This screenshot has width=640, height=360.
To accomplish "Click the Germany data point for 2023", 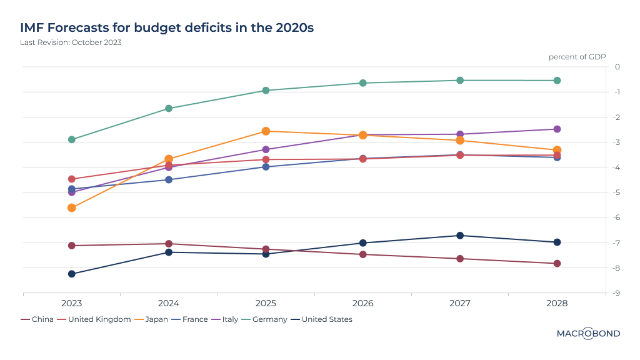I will pyautogui.click(x=71, y=139).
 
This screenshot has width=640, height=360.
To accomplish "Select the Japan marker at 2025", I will pyautogui.click(x=266, y=131).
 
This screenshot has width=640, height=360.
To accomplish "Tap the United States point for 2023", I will pyautogui.click(x=71, y=274).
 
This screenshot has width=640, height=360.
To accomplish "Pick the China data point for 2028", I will pyautogui.click(x=557, y=264).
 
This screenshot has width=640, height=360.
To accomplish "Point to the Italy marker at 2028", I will pyautogui.click(x=557, y=129).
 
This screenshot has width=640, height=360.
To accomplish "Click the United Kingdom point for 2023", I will pyautogui.click(x=71, y=179).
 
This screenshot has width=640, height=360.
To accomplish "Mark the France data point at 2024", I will pyautogui.click(x=169, y=180).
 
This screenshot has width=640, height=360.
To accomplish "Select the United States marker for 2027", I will pyautogui.click(x=460, y=236).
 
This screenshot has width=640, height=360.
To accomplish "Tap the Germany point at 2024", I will pyautogui.click(x=169, y=109).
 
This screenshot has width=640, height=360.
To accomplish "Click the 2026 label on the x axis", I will pyautogui.click(x=362, y=303).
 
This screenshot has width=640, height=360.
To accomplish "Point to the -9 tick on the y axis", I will pyautogui.click(x=617, y=292).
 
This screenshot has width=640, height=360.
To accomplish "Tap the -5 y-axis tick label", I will pyautogui.click(x=617, y=192).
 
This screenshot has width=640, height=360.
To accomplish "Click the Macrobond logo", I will pyautogui.click(x=588, y=334).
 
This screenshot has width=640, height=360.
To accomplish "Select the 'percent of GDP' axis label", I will pyautogui.click(x=577, y=57).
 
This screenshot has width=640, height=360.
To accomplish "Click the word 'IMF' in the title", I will pyautogui.click(x=33, y=28).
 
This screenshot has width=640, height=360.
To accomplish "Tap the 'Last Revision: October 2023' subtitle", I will pyautogui.click(x=71, y=42).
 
